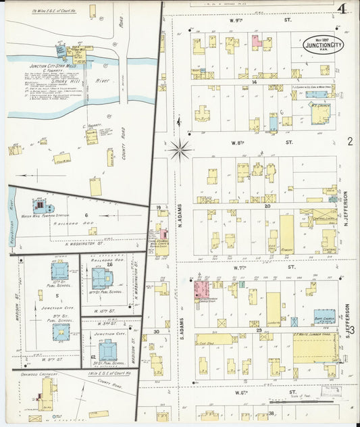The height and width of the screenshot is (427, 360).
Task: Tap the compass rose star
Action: (180, 150)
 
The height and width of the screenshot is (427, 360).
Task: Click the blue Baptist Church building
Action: (324, 316)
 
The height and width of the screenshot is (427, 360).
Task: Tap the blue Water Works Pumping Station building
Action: (41, 204)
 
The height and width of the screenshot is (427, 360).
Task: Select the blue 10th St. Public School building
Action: (59, 270)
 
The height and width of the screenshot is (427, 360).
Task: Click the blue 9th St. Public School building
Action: (61, 330)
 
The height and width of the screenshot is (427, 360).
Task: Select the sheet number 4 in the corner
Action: (338, 8)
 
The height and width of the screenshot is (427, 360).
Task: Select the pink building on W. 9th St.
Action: (257, 41)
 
